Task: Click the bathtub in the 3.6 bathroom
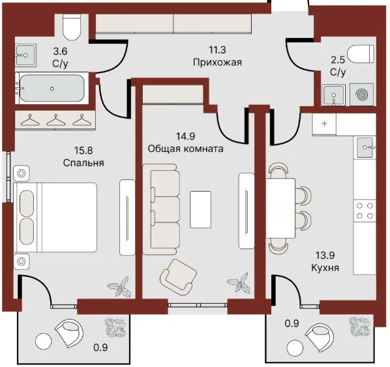click(x=52, y=88)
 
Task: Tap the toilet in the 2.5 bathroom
click(x=361, y=53)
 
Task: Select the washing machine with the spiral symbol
click(x=362, y=95)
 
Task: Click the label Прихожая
click(x=217, y=62)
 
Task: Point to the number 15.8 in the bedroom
click(x=83, y=150)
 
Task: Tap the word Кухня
click(x=325, y=268)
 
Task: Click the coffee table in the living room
click(x=200, y=209)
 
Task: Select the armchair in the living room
click(x=178, y=278)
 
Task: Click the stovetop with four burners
click(x=365, y=211)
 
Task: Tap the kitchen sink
click(x=365, y=148)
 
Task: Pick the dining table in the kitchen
click(x=280, y=208)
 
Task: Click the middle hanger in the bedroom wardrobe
click(x=55, y=120)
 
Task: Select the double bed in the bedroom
click(x=55, y=218)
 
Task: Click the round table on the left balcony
click(x=44, y=341)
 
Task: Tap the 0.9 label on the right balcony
click(x=292, y=323)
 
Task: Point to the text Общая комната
click(x=186, y=149)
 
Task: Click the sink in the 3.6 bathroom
click(x=25, y=55)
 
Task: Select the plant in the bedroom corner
click(x=120, y=287)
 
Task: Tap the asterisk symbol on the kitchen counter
click(x=324, y=124)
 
